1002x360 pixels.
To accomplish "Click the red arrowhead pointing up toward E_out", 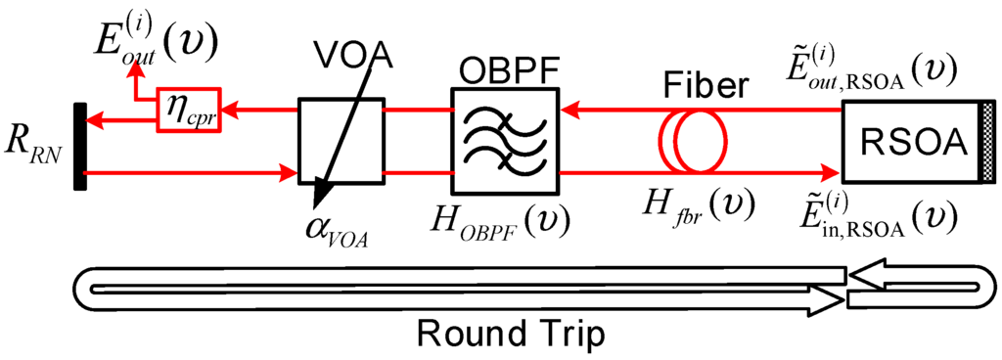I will click(x=138, y=71).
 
